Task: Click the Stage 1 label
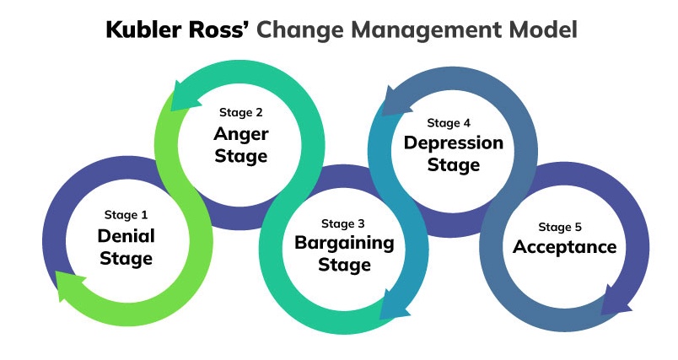pyautogui.click(x=126, y=215)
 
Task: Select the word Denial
pyautogui.click(x=126, y=235)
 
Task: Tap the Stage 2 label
pyautogui.click(x=241, y=112)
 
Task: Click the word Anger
pyautogui.click(x=241, y=134)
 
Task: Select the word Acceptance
pyautogui.click(x=565, y=247)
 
